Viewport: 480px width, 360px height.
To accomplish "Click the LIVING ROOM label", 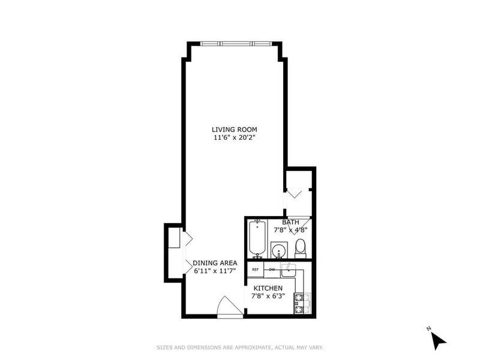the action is pyautogui.click(x=235, y=130).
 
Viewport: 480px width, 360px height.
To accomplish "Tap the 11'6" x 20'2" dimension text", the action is pyautogui.click(x=235, y=137).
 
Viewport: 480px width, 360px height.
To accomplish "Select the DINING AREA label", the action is pyautogui.click(x=215, y=263).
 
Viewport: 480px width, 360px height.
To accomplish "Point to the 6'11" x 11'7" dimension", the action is pyautogui.click(x=215, y=271).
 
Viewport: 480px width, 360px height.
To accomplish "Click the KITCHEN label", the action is pyautogui.click(x=268, y=289).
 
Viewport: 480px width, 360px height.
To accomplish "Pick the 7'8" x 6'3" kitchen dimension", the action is pyautogui.click(x=268, y=296).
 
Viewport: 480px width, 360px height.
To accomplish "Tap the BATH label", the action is pyautogui.click(x=290, y=222).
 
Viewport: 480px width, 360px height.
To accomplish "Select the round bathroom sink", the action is pyautogui.click(x=279, y=250).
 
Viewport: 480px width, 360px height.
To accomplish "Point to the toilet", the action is pyautogui.click(x=301, y=248).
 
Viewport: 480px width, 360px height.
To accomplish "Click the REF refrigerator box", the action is pyautogui.click(x=256, y=269).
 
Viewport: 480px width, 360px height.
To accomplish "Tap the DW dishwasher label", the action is pyautogui.click(x=272, y=269).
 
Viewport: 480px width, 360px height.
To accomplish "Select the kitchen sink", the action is pyautogui.click(x=289, y=269).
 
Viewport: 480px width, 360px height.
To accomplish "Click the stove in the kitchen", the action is pyautogui.click(x=302, y=304).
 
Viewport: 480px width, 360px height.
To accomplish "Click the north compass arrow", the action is pyautogui.click(x=439, y=341).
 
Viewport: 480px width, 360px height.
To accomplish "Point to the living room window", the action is pyautogui.click(x=236, y=43).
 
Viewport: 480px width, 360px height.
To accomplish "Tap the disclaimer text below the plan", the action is pyautogui.click(x=240, y=347).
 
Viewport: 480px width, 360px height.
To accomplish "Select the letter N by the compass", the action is pyautogui.click(x=428, y=329).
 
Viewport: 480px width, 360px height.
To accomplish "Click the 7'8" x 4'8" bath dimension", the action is pyautogui.click(x=290, y=230).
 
